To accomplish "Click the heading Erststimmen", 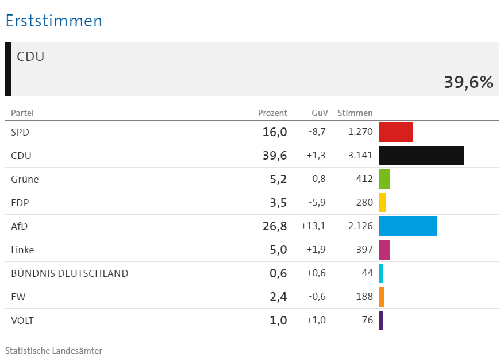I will (53, 21).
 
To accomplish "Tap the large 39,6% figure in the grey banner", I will (468, 82).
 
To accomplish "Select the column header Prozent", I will (272, 113).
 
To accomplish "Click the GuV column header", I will (320, 113).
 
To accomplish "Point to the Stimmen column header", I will (355, 113).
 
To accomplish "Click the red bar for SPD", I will (395, 132).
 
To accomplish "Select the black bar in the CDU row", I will (421, 156).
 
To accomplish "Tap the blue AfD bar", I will (407, 226).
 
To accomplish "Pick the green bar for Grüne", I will (384, 179).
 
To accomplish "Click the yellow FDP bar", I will (382, 203).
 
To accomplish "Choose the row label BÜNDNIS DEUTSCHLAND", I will (70, 273).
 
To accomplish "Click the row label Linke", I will (22, 250).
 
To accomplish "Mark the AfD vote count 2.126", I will (360, 226).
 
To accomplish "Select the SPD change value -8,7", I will (317, 132).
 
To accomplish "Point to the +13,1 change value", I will (313, 226).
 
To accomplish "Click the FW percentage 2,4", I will (278, 297).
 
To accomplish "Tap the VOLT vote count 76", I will (367, 320).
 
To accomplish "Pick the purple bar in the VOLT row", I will (380, 320).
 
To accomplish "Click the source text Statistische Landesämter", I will (53, 350).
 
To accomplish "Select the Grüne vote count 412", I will (364, 179).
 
